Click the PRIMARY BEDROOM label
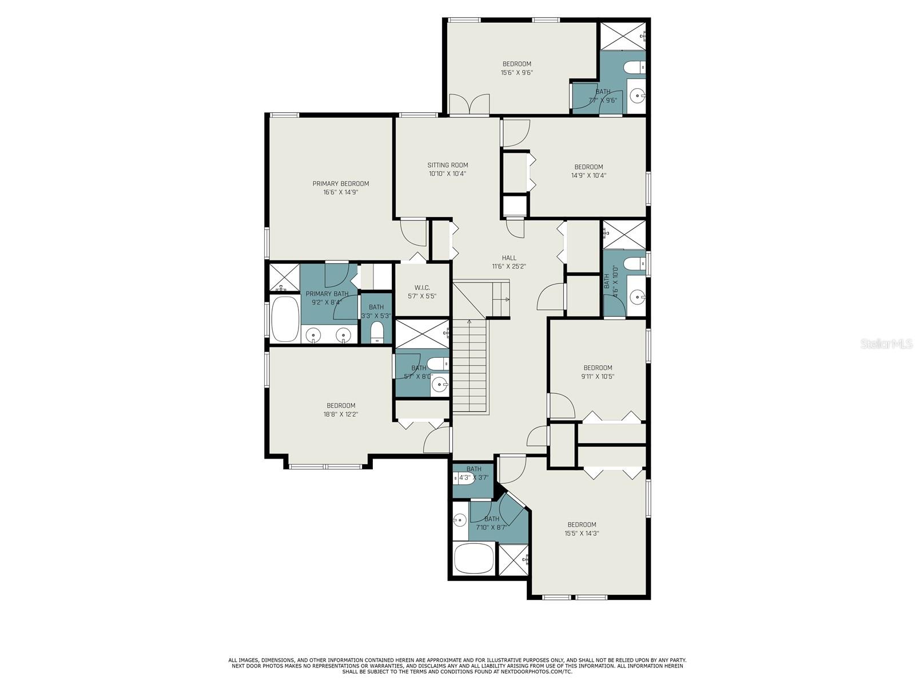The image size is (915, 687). pos(341,184)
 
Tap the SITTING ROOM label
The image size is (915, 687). pos(448,165)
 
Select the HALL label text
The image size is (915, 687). pos(509,258)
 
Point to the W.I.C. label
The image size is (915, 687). pos(422,288)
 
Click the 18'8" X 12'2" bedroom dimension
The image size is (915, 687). pos(341,414)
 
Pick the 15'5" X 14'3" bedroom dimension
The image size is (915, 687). pos(582,533)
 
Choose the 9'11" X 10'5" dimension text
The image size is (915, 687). pos(598,376)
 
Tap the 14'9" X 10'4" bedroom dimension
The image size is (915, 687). pos(588,176)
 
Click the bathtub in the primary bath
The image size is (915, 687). pos(285,319)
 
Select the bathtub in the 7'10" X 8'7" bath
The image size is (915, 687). pos(474,559)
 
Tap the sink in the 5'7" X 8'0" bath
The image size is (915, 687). pos(439,383)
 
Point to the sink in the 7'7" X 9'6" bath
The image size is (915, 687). pos(636,96)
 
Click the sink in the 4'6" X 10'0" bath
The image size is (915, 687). pos(636,297)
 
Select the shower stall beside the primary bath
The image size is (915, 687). pos(284,278)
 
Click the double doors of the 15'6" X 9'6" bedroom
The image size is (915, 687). pos(470,104)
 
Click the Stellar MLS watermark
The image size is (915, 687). pos(886,344)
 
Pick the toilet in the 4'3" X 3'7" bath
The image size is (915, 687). pos(465,478)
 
